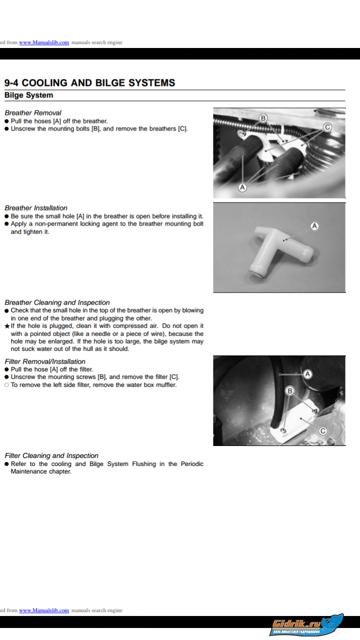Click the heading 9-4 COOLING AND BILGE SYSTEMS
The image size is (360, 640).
click(x=89, y=83)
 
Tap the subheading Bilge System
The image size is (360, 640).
click(x=28, y=95)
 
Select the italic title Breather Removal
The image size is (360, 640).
click(x=33, y=112)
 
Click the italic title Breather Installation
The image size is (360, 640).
click(x=36, y=207)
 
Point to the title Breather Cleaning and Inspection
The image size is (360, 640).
click(x=57, y=302)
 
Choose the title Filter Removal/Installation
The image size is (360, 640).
click(x=45, y=361)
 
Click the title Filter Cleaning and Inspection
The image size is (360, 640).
click(x=51, y=455)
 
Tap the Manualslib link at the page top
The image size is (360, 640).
click(x=44, y=42)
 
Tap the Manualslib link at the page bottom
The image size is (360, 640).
click(x=44, y=610)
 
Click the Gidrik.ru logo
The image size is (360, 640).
click(x=307, y=625)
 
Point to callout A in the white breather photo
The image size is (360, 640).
click(x=314, y=226)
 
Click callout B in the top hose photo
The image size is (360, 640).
click(x=263, y=118)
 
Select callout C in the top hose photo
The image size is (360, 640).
click(x=326, y=127)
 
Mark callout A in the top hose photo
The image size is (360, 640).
click(x=242, y=187)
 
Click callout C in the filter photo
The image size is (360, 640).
click(x=322, y=431)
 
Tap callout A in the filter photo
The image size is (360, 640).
click(x=308, y=373)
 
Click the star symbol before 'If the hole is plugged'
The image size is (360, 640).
click(x=6, y=326)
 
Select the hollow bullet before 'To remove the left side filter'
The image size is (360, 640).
click(x=6, y=385)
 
